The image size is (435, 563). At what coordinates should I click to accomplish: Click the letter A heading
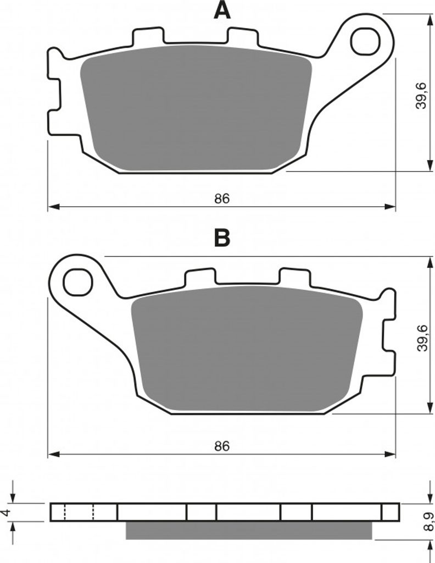222,10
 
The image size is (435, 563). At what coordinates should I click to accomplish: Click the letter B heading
222,238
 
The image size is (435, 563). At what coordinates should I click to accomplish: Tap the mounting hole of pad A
365,41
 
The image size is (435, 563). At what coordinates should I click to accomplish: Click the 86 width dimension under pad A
222,198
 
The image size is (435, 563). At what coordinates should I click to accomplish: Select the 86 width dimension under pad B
222,446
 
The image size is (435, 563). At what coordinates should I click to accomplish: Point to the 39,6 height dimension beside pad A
421,96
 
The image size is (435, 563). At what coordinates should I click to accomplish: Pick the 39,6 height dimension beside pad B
422,338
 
